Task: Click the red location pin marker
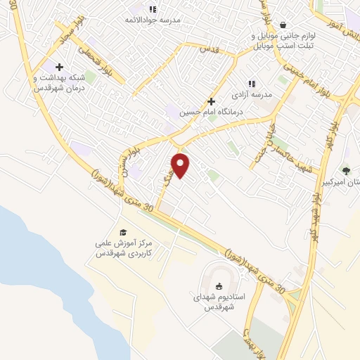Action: (x=181, y=165)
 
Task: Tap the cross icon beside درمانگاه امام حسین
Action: (x=211, y=101)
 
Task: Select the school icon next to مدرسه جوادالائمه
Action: (x=153, y=9)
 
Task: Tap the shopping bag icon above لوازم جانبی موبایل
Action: (x=282, y=25)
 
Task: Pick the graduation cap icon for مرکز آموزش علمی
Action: (x=123, y=232)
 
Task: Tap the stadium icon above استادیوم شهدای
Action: (x=219, y=285)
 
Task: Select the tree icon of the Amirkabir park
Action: (x=345, y=169)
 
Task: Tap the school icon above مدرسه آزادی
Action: (x=252, y=83)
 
